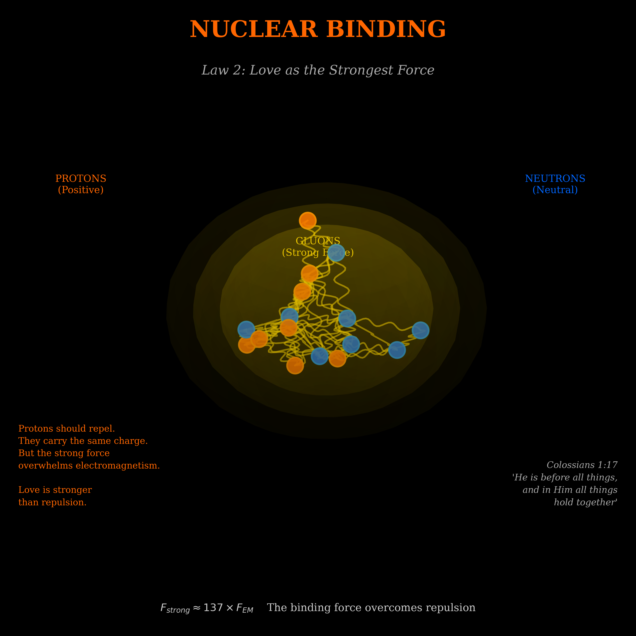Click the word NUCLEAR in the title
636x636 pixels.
[253, 29]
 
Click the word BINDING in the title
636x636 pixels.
[386, 29]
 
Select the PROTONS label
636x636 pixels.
[81, 178]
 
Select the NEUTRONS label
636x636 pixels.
[555, 178]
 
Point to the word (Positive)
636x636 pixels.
[81, 190]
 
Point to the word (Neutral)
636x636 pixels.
[555, 190]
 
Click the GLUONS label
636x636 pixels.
[318, 241]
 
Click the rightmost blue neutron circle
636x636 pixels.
[420, 330]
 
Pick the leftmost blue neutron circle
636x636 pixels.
[246, 329]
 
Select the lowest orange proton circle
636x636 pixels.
[295, 365]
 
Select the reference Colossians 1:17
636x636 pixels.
[582, 465]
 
